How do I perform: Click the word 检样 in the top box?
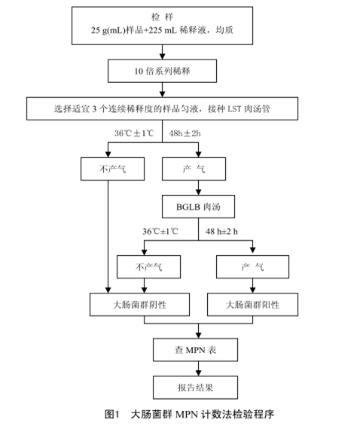[x=163, y=17]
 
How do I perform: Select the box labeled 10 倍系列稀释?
[x=162, y=71]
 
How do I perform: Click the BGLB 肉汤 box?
[x=198, y=207]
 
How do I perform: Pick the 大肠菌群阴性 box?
[x=139, y=305]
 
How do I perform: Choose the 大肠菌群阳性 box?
[x=252, y=305]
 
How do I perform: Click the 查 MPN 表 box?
[x=195, y=350]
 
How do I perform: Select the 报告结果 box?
[x=195, y=388]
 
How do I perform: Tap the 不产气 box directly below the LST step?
[x=112, y=169]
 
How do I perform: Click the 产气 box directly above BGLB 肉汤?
[x=194, y=169]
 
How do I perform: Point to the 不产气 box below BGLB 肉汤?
[x=148, y=266]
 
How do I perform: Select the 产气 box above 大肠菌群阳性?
[x=252, y=266]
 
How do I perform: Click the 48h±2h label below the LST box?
[x=185, y=133]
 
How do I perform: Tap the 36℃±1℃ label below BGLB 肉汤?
[x=160, y=232]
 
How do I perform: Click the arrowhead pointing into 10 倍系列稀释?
[x=163, y=56]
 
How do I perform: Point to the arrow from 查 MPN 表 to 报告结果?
[x=198, y=369]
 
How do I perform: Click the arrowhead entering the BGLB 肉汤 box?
[x=198, y=192]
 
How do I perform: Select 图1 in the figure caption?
[x=112, y=414]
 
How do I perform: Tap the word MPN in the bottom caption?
[x=187, y=415]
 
